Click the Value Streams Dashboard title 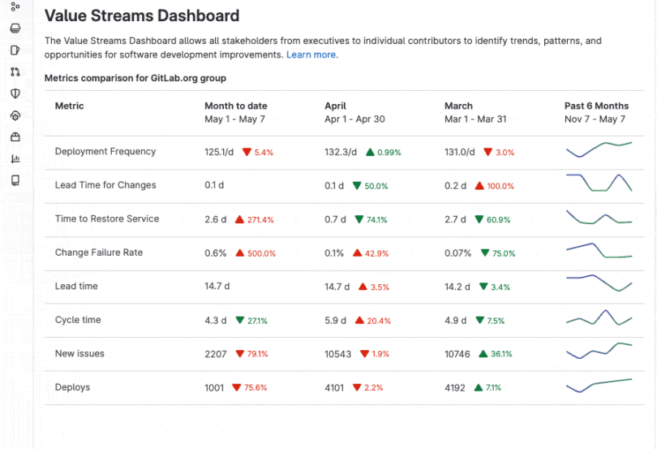141,15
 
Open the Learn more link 311,54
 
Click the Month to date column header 235,106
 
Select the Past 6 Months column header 596,106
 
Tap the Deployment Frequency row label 105,152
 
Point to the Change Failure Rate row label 98,253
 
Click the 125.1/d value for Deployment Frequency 218,152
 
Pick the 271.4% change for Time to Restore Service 260,220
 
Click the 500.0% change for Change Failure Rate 261,253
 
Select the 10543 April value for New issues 338,354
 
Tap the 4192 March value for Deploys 455,388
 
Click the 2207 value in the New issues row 217,354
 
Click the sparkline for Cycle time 599,317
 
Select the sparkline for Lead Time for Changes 599,183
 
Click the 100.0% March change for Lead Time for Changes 500,186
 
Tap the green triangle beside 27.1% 239,320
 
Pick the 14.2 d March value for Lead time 458,287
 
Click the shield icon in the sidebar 15,93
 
